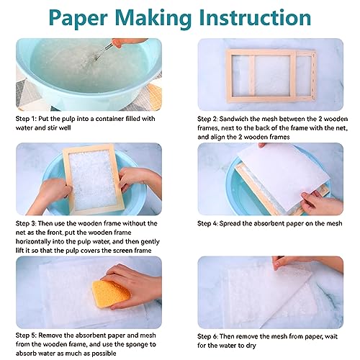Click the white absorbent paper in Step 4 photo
pos(266,180)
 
